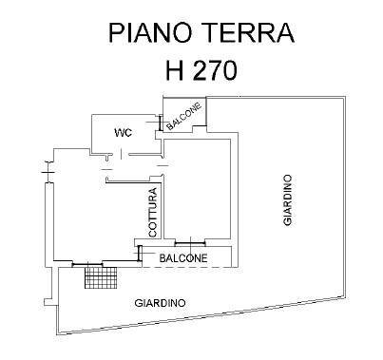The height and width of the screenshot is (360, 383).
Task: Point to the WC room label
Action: point(122,132)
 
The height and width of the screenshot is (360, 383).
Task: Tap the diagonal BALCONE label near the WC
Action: point(183,115)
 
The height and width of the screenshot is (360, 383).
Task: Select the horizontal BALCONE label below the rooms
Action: point(184,257)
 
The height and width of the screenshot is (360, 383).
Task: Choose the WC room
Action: point(124,138)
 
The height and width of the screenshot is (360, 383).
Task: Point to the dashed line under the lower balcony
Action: point(190,268)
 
